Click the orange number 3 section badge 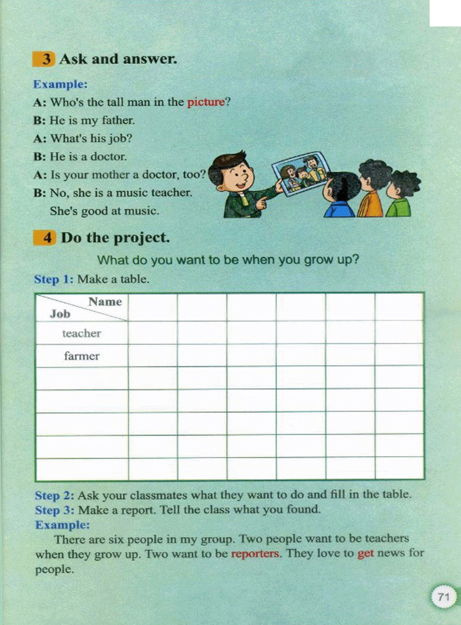tap(44, 59)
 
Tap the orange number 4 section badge tap(45, 237)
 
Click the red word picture tap(206, 102)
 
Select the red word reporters tap(255, 554)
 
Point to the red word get tap(366, 553)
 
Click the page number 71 tap(443, 597)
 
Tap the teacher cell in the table tap(81, 333)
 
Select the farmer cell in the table tap(81, 356)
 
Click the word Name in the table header tap(105, 302)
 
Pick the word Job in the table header tap(60, 314)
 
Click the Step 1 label tap(54, 279)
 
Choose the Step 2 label tap(54, 496)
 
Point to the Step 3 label tap(54, 510)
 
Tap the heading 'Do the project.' tap(115, 237)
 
